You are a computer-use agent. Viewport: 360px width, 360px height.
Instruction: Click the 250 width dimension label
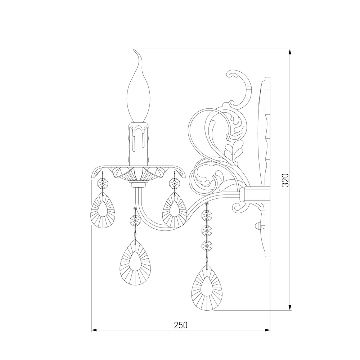coord(181,325)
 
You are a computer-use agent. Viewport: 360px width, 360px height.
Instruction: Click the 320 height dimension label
coord(285,180)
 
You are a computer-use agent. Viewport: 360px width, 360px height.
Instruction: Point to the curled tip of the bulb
coord(134,50)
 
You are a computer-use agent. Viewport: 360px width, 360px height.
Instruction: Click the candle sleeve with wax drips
coord(139,144)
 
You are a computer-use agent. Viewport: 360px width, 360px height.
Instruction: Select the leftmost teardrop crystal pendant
coord(103,210)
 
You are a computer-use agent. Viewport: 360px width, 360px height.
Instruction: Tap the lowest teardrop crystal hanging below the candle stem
coord(135,263)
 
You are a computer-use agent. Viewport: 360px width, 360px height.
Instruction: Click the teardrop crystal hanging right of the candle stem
coord(175,210)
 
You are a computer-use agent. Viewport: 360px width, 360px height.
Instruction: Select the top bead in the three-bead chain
coord(207,215)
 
